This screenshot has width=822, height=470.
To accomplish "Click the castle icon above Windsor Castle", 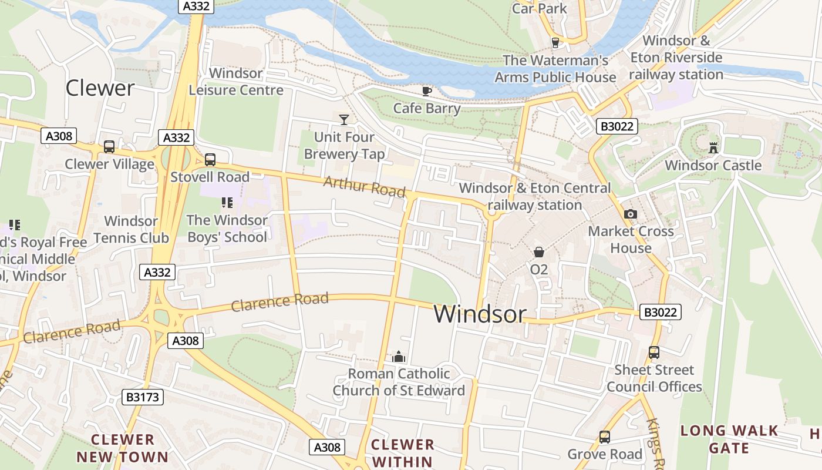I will click(x=713, y=147).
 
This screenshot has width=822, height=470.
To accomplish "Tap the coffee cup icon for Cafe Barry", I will click(x=427, y=91).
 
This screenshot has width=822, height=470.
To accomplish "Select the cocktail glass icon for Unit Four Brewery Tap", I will click(x=344, y=120).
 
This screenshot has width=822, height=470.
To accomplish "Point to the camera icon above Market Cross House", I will click(x=631, y=214).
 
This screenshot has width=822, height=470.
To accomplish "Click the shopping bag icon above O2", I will click(x=538, y=252).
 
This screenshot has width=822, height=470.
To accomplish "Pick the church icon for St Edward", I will click(x=399, y=357).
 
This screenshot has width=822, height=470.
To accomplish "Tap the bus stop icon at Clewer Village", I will click(x=109, y=147).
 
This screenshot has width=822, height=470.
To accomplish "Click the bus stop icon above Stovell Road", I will click(x=210, y=160).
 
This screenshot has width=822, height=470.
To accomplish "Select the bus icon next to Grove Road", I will click(x=604, y=437).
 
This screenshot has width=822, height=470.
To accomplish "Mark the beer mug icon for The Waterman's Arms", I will click(x=555, y=43).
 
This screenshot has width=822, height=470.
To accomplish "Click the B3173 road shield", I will click(x=143, y=397).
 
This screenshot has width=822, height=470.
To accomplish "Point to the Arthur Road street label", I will click(x=364, y=187).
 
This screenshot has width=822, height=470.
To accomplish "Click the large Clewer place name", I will click(x=100, y=88).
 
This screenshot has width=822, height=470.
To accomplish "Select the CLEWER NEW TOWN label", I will click(x=122, y=448).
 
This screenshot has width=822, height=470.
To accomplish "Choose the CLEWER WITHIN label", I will click(x=402, y=452).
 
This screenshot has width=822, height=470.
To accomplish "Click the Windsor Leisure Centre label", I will click(x=236, y=82).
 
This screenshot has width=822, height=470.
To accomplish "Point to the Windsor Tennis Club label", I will click(x=131, y=230).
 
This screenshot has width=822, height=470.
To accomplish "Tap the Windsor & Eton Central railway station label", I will click(x=534, y=196).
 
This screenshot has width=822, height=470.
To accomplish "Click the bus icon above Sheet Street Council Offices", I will click(x=653, y=352).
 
